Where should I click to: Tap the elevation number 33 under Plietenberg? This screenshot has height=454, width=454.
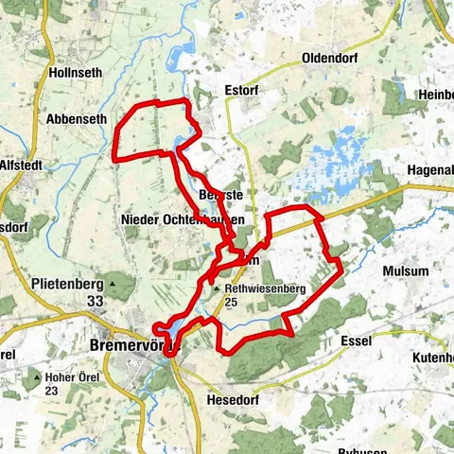[x=95, y=301]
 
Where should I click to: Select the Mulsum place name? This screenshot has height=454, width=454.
[x=405, y=271]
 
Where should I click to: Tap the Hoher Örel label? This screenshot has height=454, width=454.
[x=72, y=376]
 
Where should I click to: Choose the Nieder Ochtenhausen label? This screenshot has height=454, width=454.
[x=183, y=219]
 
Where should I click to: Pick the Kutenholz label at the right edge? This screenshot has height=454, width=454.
[x=433, y=358]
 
